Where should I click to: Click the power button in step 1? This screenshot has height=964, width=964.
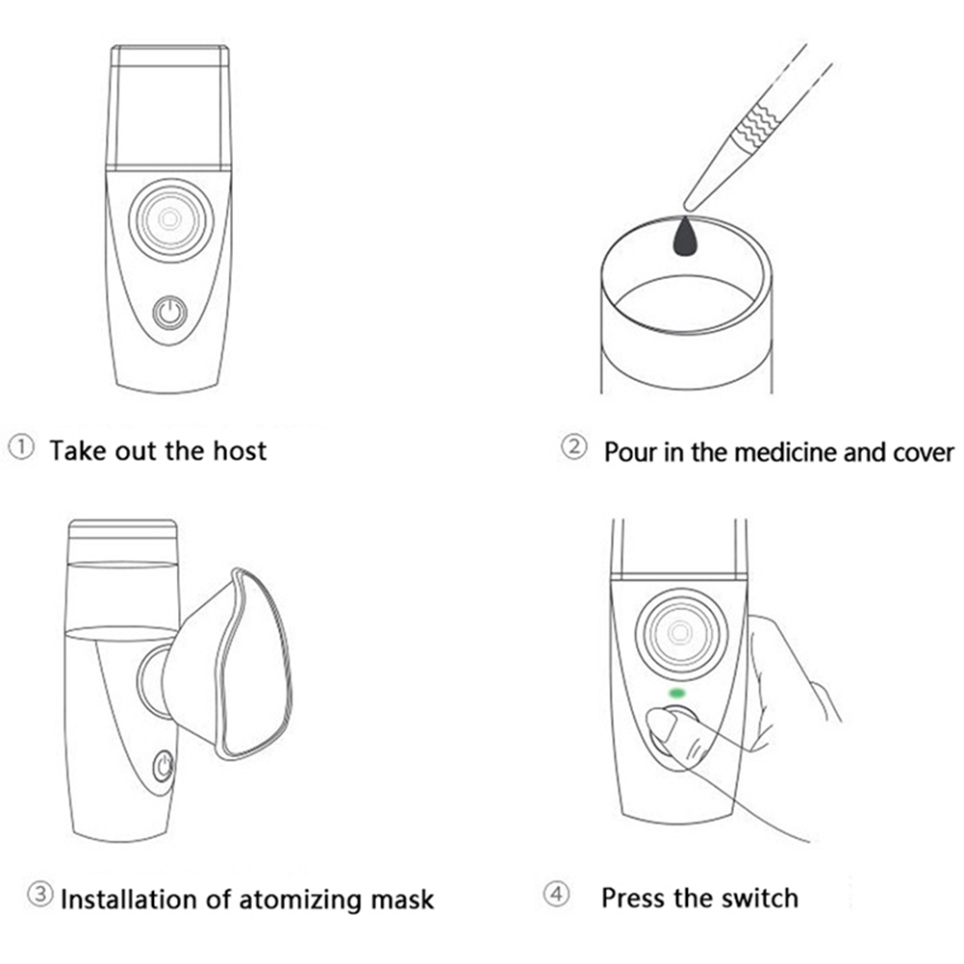(x=170, y=313)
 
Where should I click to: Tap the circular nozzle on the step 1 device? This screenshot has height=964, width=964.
(x=170, y=220)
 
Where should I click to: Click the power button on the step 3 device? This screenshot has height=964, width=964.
(x=164, y=767)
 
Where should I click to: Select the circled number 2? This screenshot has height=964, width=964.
(x=573, y=448)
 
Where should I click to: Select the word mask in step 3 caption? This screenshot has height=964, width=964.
(x=402, y=901)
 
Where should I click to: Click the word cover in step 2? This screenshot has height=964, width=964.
(x=921, y=452)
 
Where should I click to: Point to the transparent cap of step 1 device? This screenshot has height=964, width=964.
(x=169, y=106)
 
